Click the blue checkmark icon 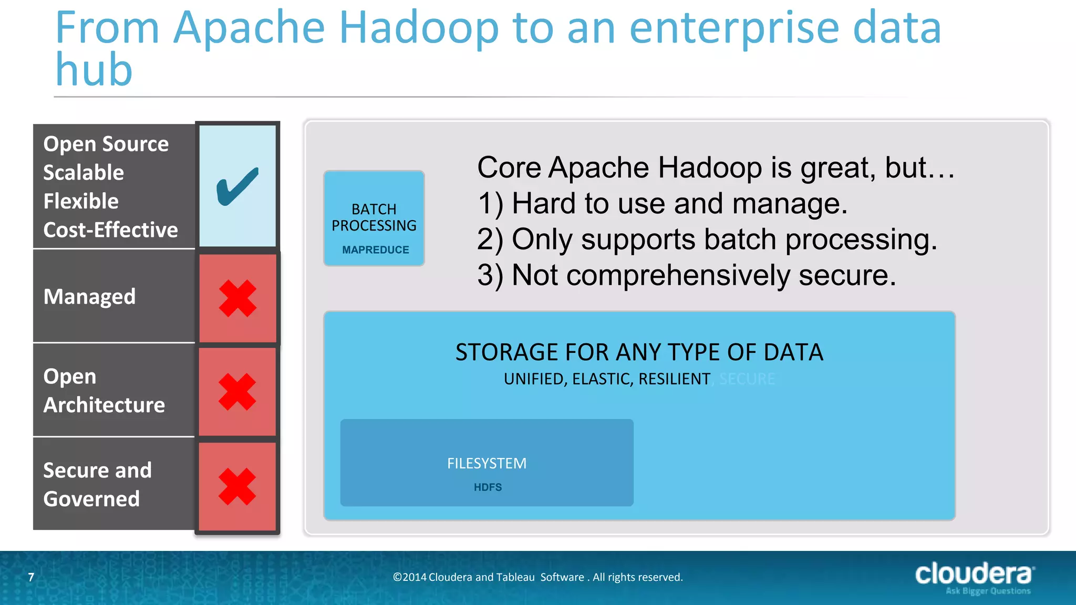237,186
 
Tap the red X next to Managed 237,298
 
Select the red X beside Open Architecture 237,392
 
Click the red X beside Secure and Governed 237,486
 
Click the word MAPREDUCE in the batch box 375,250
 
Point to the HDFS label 488,487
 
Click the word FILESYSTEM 487,463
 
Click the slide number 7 31,577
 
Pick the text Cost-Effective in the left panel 110,230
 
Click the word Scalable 84,173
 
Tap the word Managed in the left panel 89,297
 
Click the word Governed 91,499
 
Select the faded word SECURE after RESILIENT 747,379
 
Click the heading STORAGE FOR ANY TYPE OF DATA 639,352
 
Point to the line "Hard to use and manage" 679,204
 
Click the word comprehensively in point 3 678,276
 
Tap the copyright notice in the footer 537,577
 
